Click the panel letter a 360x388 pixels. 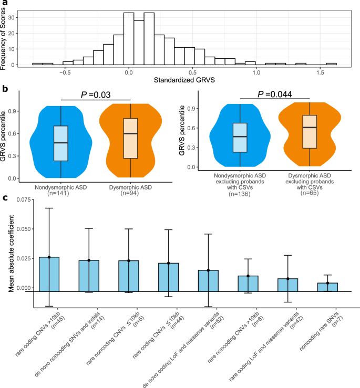4,3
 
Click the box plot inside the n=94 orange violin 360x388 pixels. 130,138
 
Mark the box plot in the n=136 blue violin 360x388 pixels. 240,138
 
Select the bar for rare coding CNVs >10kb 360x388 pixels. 49,274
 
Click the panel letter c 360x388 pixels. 4,198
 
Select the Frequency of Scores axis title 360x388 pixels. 4,34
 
